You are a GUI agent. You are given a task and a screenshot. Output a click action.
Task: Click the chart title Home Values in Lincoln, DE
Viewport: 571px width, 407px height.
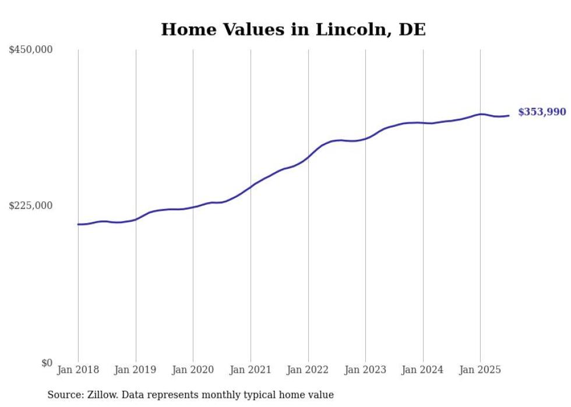pyautogui.click(x=293, y=29)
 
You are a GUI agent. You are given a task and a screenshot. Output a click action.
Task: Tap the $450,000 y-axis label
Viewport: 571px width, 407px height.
pyautogui.click(x=31, y=49)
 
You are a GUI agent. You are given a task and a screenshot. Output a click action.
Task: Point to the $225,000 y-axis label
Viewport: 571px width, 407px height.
pyautogui.click(x=31, y=206)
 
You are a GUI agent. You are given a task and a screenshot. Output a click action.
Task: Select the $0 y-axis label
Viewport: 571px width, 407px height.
pyautogui.click(x=47, y=363)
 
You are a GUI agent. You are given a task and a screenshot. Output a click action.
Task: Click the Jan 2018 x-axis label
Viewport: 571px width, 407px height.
pyautogui.click(x=78, y=370)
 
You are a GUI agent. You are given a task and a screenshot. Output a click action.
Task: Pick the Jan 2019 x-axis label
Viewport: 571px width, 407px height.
pyautogui.click(x=135, y=370)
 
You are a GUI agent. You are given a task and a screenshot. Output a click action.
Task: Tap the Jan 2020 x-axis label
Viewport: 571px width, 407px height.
pyautogui.click(x=193, y=370)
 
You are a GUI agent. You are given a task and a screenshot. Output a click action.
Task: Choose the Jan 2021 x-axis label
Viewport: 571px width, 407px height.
pyautogui.click(x=251, y=370)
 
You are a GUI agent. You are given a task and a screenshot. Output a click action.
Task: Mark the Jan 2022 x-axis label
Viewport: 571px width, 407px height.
pyautogui.click(x=308, y=370)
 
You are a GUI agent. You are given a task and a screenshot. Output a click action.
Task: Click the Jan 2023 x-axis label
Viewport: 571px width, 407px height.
pyautogui.click(x=365, y=370)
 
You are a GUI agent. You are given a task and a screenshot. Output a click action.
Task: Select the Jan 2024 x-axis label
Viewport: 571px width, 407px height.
pyautogui.click(x=422, y=370)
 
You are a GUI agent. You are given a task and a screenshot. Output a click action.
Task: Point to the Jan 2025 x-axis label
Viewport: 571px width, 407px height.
pyautogui.click(x=480, y=370)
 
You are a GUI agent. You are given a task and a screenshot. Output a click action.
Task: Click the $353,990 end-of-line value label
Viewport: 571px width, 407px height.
pyautogui.click(x=542, y=112)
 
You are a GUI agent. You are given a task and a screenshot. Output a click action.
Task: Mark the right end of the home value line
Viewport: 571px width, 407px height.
pyautogui.click(x=509, y=115)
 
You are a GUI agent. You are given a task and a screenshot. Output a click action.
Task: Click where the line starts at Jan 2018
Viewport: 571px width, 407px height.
pyautogui.click(x=79, y=224)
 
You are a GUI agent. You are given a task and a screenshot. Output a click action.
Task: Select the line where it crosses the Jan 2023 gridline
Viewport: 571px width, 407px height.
pyautogui.click(x=365, y=139)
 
